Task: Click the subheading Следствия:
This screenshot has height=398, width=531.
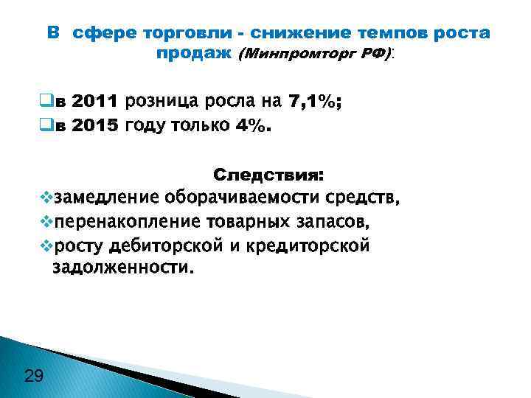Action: coord(268,176)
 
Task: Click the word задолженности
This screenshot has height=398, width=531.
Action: coord(125,268)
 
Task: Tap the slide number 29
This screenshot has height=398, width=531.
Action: coord(34,377)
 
